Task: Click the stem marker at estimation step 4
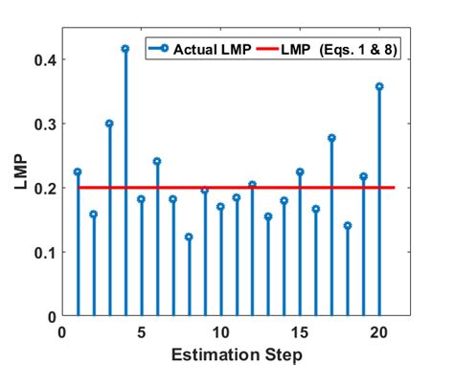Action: pyautogui.click(x=125, y=48)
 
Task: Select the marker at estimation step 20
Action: pyautogui.click(x=379, y=86)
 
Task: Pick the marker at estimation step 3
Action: pyautogui.click(x=109, y=124)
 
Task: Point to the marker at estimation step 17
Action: pyautogui.click(x=331, y=138)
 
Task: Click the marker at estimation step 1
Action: pyautogui.click(x=78, y=171)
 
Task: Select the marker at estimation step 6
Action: pyautogui.click(x=157, y=161)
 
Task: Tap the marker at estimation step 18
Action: pyautogui.click(x=348, y=226)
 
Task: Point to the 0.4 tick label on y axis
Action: pyautogui.click(x=41, y=59)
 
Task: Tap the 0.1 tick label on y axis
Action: pyautogui.click(x=41, y=252)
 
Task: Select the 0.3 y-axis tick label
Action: pyautogui.click(x=41, y=124)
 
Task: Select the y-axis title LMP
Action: pyautogui.click(x=19, y=172)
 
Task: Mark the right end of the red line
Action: pyautogui.click(x=395, y=188)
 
